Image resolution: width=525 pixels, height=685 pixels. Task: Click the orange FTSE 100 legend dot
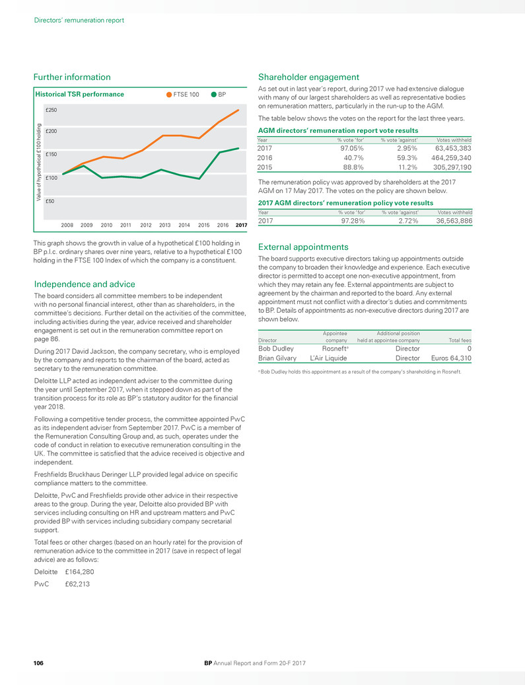170,95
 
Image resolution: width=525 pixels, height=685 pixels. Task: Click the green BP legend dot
214,95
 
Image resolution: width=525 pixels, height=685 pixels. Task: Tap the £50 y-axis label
50,201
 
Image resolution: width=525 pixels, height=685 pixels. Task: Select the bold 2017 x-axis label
241,225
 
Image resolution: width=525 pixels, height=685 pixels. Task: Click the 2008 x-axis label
67,225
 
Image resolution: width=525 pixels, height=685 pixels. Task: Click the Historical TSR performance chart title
79,95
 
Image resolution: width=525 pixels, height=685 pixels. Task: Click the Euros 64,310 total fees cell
448,358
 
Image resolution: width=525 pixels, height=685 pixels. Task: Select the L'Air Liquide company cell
328,358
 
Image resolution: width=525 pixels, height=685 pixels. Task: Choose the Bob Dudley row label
276,348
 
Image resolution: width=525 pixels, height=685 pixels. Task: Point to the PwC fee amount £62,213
78,584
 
